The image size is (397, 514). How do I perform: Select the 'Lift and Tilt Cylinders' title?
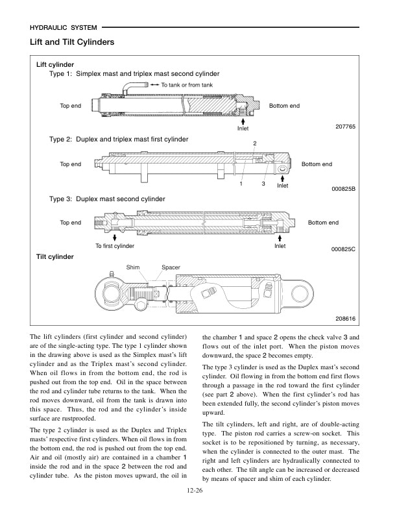coord(72,42)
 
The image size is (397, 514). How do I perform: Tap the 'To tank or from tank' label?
coord(187,85)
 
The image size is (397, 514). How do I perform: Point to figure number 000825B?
coord(344,189)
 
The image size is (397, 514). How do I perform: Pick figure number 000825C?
coord(344,249)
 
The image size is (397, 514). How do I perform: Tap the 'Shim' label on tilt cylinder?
coord(133,267)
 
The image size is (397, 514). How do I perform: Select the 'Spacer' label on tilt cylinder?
coord(171,267)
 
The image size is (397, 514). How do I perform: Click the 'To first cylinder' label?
coord(115,246)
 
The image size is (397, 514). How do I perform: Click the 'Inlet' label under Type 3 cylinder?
coord(280,246)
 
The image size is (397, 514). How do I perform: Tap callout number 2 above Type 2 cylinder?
coord(255,143)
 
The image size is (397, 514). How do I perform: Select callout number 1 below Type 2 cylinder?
coord(241,184)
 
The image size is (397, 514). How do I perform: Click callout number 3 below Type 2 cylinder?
coord(263,184)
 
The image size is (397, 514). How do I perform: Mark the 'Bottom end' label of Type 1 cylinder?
coord(284,106)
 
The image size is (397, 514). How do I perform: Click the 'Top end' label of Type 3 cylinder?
coord(71,223)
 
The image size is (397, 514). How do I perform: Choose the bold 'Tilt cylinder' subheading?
coord(55,257)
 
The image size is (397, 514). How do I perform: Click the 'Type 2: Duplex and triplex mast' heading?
coord(119,139)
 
